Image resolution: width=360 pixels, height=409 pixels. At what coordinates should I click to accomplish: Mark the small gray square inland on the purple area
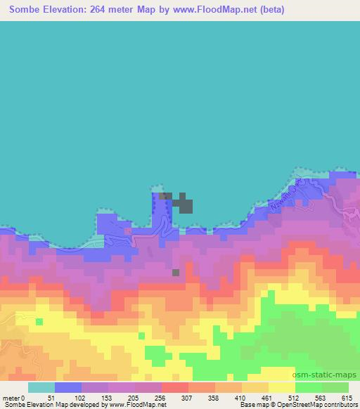[176, 273]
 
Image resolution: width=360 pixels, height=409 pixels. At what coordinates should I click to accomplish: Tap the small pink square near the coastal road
[127, 230]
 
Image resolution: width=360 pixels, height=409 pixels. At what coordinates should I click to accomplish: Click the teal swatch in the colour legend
[41, 387]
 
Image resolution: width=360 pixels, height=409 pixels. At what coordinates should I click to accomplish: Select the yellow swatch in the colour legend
[282, 387]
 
